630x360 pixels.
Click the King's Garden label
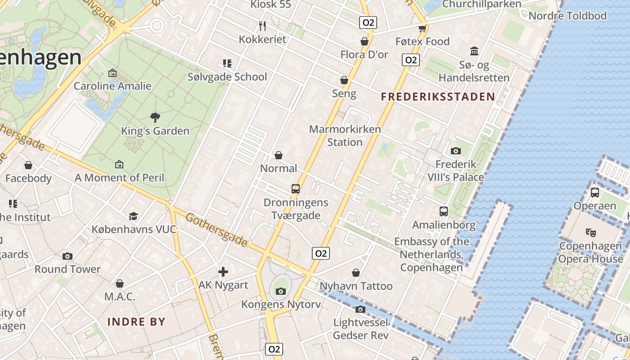click(155, 131)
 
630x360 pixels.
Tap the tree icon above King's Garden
click(155, 117)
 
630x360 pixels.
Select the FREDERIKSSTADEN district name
click(438, 96)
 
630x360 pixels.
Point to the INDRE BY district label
click(136, 322)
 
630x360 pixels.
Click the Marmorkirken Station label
click(345, 135)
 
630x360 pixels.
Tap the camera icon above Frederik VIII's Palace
click(456, 151)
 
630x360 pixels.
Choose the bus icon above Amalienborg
click(444, 211)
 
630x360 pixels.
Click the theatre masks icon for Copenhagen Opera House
click(590, 233)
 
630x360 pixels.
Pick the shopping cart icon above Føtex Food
click(422, 29)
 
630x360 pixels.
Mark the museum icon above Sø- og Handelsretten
click(474, 51)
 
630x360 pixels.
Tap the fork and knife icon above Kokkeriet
click(263, 26)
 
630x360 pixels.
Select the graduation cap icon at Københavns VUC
click(133, 216)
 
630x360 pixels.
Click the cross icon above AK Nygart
click(223, 272)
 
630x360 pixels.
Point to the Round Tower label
click(67, 269)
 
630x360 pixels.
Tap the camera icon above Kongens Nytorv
click(281, 292)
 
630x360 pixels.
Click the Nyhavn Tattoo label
click(356, 286)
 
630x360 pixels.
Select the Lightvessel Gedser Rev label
click(361, 329)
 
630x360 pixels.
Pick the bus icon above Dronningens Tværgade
click(296, 189)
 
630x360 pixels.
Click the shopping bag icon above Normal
click(279, 155)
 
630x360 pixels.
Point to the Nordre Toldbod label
click(567, 16)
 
